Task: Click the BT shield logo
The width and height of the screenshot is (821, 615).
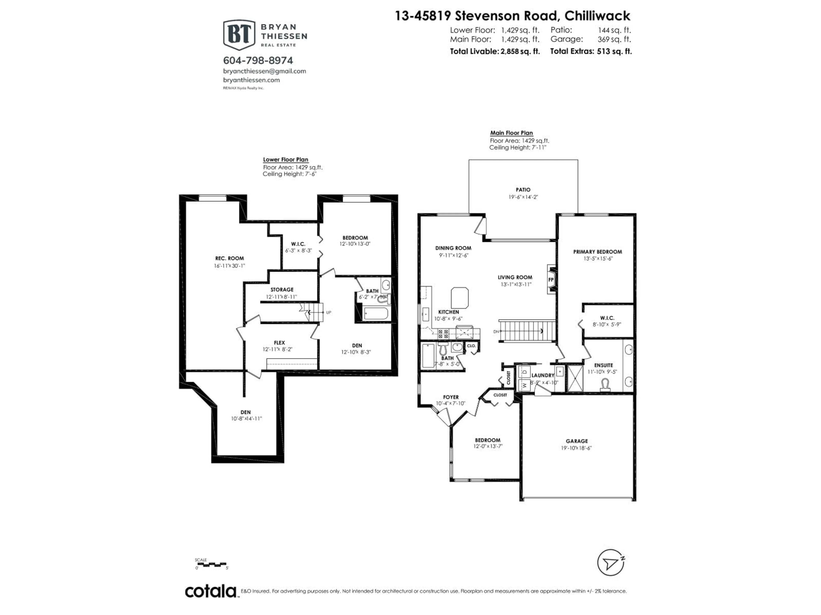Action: coord(239,35)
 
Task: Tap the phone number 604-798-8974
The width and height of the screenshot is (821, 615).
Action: coord(258,60)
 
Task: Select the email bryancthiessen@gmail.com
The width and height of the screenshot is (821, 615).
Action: coord(264,71)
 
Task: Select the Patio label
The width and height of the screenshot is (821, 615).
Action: coord(523,190)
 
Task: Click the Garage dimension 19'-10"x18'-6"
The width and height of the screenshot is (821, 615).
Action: coord(576,448)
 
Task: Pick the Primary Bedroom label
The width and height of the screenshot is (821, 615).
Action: coord(597,252)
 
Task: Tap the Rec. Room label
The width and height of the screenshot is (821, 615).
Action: coord(229,258)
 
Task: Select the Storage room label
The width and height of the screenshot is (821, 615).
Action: coord(282,290)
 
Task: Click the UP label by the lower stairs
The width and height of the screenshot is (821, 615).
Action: coord(328,312)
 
